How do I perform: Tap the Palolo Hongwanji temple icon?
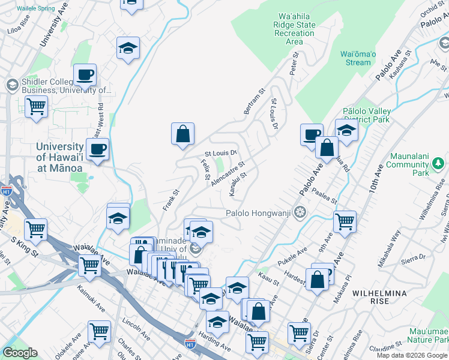(300, 212)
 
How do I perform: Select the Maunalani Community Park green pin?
(438, 163)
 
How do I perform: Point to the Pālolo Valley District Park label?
(367, 115)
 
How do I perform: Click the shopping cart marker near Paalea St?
(345, 221)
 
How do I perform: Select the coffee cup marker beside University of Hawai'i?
(97, 149)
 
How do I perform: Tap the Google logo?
(20, 352)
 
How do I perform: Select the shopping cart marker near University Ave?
(36, 107)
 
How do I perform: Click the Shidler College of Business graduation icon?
(11, 85)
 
